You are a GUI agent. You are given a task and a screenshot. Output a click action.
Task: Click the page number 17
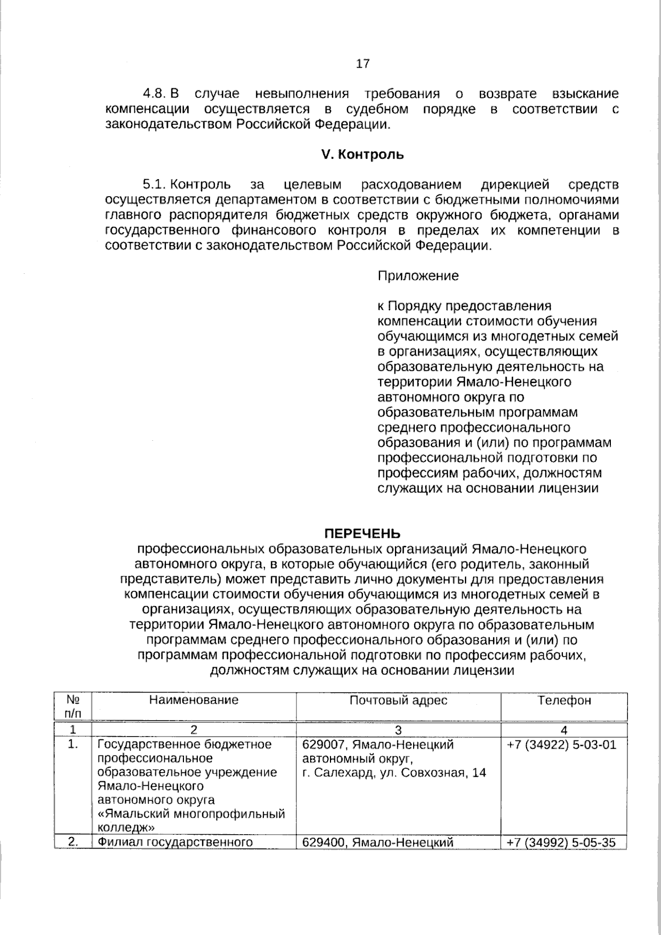(362, 64)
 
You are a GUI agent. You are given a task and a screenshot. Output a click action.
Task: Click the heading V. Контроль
(362, 155)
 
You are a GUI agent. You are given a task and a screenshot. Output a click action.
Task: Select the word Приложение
(418, 275)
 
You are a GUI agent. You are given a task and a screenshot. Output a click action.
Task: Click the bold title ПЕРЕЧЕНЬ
(362, 533)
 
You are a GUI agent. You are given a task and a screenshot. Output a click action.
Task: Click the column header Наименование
(194, 700)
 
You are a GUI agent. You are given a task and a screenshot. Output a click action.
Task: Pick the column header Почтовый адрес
(398, 700)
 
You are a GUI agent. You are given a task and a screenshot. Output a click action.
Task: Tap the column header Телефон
(564, 700)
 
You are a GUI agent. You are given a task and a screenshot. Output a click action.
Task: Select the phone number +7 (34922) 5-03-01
(561, 745)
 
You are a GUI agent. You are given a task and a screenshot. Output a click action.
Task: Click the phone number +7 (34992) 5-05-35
(561, 842)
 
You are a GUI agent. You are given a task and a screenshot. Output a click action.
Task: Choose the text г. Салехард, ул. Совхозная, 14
(394, 772)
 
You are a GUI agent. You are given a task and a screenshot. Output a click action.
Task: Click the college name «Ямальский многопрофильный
(191, 814)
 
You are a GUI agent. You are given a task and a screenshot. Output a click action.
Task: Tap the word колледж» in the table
(125, 828)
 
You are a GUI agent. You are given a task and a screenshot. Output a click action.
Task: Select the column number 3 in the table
(398, 730)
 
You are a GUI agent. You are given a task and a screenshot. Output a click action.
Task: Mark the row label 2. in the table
(72, 842)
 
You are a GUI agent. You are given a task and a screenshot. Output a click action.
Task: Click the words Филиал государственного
(175, 842)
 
